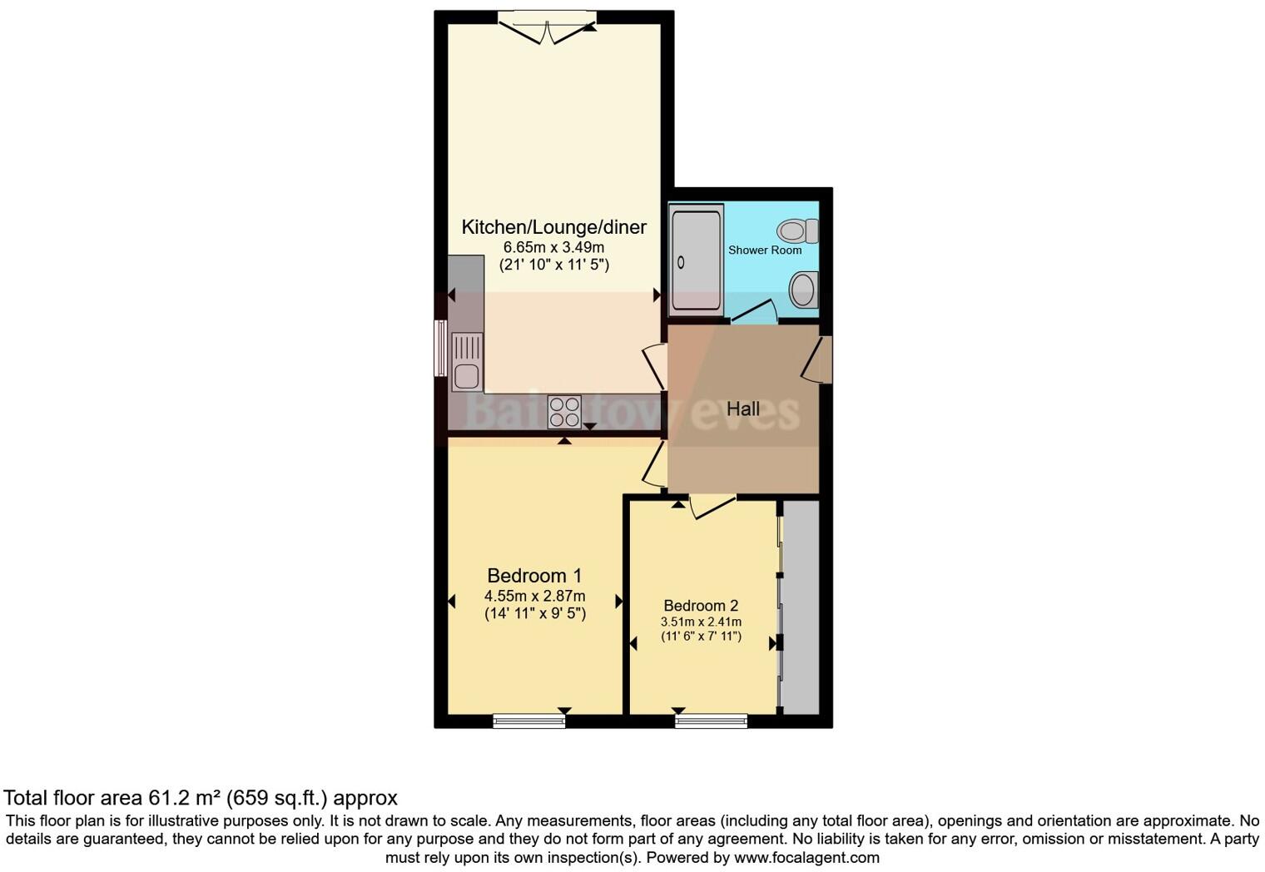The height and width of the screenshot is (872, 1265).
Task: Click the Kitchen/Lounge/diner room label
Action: tap(553, 227)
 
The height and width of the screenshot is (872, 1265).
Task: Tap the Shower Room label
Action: tap(765, 250)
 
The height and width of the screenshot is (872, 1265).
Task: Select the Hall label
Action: tap(742, 409)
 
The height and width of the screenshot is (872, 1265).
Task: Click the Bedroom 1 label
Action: tap(534, 575)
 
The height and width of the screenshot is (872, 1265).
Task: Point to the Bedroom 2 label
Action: tap(701, 606)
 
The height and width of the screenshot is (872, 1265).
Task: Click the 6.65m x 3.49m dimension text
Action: tap(553, 247)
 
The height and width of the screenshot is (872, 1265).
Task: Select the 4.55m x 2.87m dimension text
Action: tap(534, 596)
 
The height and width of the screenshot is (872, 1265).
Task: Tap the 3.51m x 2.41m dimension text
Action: tap(701, 622)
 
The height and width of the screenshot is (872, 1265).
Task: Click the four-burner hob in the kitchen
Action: tap(564, 412)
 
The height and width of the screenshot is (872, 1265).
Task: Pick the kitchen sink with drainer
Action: tap(467, 361)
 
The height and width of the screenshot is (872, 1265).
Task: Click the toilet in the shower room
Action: tap(798, 230)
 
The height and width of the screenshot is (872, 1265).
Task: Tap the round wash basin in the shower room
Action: tap(803, 290)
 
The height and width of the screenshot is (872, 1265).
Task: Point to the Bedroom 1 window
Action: tap(528, 721)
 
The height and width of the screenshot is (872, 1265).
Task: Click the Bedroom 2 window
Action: tap(711, 721)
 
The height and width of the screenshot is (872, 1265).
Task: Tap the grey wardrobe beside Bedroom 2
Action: tap(801, 607)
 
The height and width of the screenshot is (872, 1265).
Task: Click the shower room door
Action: tap(754, 311)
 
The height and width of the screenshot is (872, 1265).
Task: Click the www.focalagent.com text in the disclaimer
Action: tap(806, 857)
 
